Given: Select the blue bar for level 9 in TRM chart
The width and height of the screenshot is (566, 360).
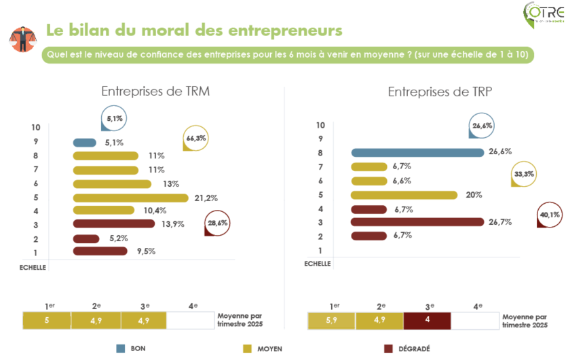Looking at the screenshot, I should pos(85,143).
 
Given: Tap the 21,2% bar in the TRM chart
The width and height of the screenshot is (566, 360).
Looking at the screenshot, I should pos(130,198).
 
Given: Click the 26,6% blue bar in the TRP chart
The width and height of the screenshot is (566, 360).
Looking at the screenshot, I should pos(417,152).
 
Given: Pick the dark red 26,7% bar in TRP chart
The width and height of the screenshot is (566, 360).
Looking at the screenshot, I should pos(417,221).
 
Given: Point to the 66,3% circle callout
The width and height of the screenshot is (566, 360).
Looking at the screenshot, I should pos(195,139).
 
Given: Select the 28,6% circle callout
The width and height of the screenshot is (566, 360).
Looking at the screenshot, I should pos(217,223).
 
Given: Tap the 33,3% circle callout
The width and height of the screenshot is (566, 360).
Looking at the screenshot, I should pos(523,174).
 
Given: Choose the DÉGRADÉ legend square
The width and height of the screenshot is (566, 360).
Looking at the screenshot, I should pos(389,348).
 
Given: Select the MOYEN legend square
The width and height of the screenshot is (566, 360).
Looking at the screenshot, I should pos(246,348).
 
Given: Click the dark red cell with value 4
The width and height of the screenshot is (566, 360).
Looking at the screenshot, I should pos(427,321).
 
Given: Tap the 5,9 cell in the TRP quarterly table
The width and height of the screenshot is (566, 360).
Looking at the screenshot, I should pos(331,321).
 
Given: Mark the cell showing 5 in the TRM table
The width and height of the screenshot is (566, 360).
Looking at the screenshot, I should pos(47,321).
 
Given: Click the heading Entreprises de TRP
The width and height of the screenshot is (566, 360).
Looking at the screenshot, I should pos(430,92).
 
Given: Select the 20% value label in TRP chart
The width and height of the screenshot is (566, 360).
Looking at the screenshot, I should pos(474,195).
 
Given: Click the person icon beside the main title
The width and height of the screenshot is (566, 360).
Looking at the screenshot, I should pos(22,39).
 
